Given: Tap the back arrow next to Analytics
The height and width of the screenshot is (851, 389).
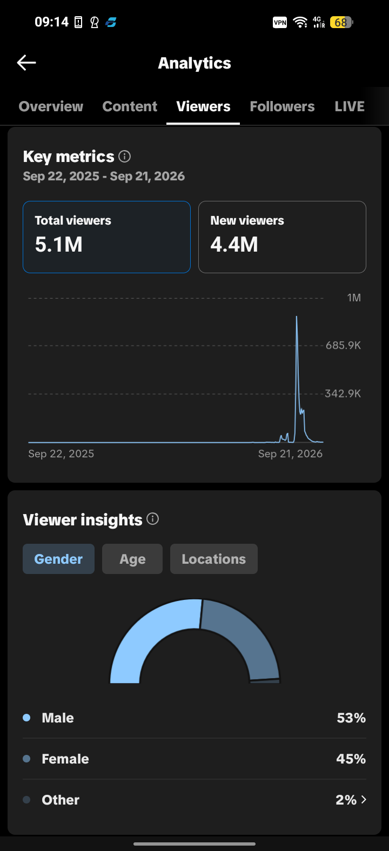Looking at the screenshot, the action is pyautogui.click(x=26, y=62).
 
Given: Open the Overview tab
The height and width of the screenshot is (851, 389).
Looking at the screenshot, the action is pyautogui.click(x=51, y=106).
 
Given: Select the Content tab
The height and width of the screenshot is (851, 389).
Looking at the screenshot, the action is pyautogui.click(x=130, y=106).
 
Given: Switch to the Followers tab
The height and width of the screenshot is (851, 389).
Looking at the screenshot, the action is pyautogui.click(x=282, y=106).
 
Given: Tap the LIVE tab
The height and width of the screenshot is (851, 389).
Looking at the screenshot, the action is pyautogui.click(x=350, y=106).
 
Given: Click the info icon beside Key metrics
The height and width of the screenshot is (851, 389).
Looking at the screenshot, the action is pyautogui.click(x=124, y=156).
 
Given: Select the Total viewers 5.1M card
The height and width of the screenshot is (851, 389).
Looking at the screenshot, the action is pyautogui.click(x=106, y=237).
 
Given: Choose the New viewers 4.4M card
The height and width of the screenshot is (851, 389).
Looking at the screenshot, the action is pyautogui.click(x=282, y=237).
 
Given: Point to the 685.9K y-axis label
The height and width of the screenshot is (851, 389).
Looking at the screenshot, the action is pyautogui.click(x=343, y=346).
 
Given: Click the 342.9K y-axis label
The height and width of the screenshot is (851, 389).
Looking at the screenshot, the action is pyautogui.click(x=343, y=394).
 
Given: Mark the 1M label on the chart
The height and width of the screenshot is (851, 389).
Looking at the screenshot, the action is pyautogui.click(x=354, y=298).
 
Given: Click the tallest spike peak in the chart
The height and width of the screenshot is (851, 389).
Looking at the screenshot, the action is pyautogui.click(x=297, y=316).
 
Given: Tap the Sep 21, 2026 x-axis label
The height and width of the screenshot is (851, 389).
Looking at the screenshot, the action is pyautogui.click(x=290, y=454).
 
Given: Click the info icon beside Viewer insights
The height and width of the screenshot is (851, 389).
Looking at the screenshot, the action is pyautogui.click(x=152, y=519).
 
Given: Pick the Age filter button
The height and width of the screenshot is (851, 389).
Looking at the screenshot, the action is pyautogui.click(x=132, y=559).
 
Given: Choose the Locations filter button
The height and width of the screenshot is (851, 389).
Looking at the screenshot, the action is pyautogui.click(x=214, y=559).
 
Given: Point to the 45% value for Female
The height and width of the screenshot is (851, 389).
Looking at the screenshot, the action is pyautogui.click(x=351, y=759).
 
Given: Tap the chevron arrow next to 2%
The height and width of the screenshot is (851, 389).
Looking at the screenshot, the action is pyautogui.click(x=364, y=800).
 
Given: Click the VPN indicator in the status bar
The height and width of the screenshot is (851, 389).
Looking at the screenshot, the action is pyautogui.click(x=280, y=23).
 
